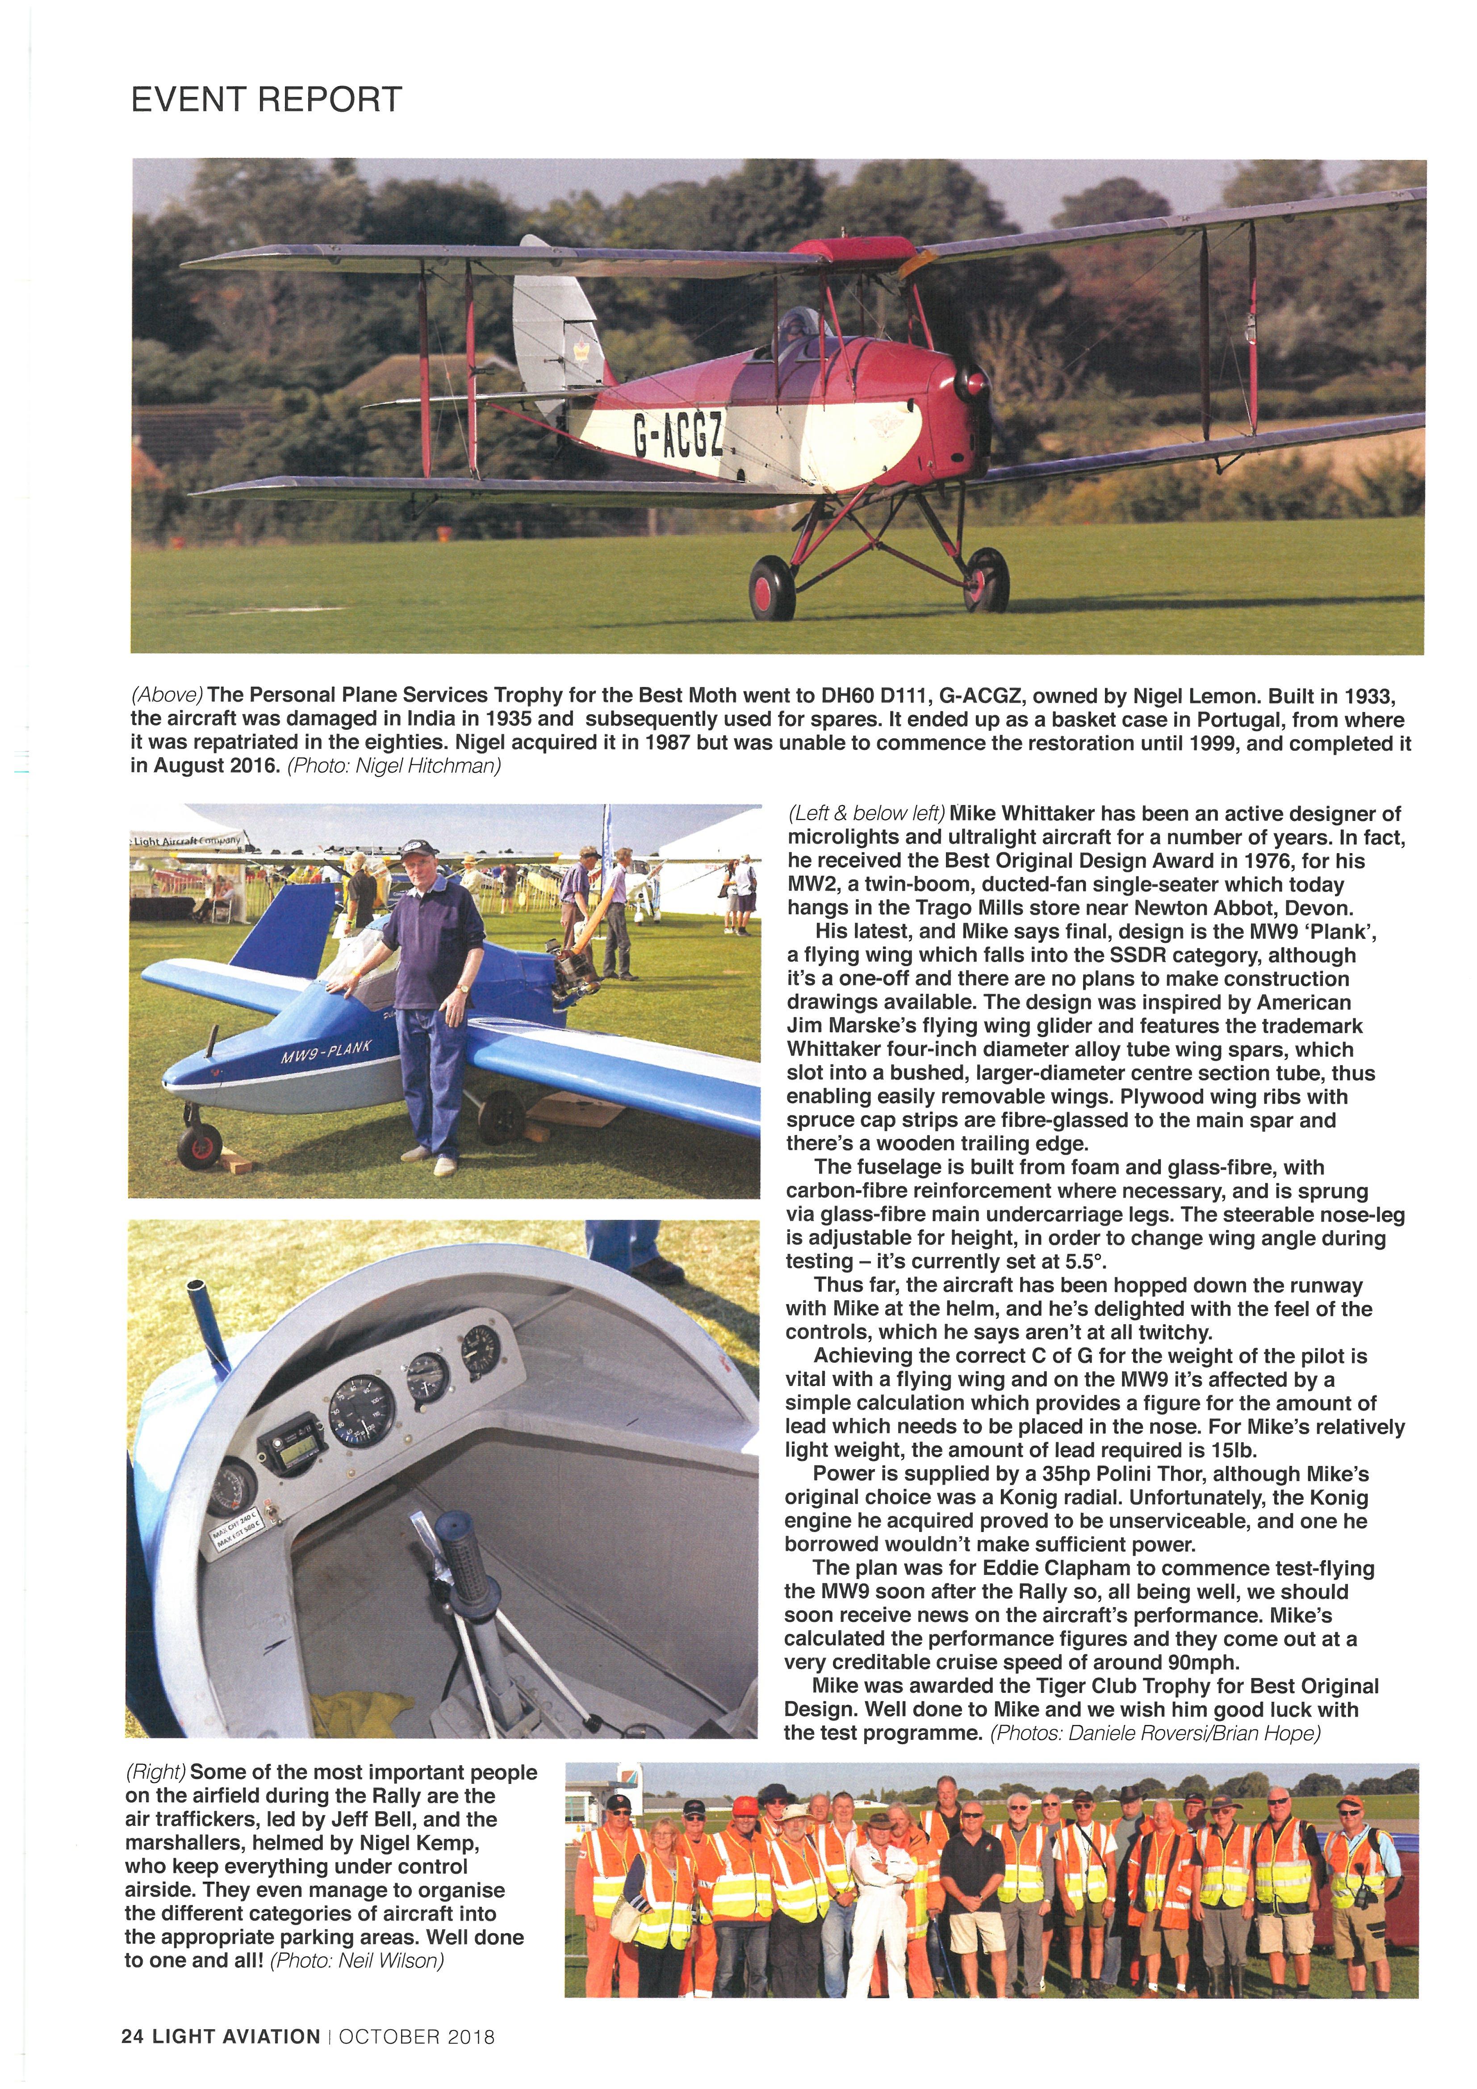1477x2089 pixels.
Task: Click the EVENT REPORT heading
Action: click(x=266, y=99)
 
